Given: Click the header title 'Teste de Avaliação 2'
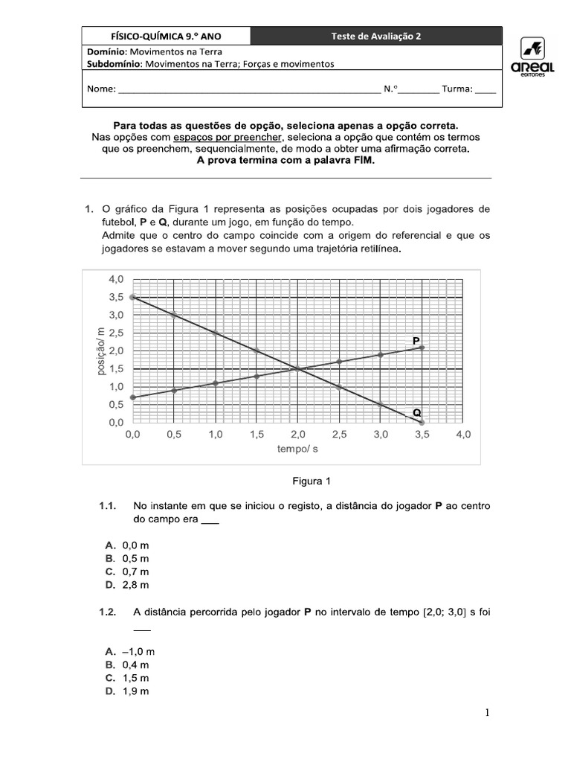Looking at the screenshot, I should pyautogui.click(x=376, y=36).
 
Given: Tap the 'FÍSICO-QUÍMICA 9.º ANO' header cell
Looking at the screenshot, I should pyautogui.click(x=166, y=36).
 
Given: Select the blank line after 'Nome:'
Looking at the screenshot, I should pyautogui.click(x=249, y=89).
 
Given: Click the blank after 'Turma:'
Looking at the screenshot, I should pyautogui.click(x=485, y=89).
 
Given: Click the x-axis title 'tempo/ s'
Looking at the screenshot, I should pyautogui.click(x=297, y=449).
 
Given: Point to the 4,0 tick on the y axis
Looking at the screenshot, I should pyautogui.click(x=116, y=279).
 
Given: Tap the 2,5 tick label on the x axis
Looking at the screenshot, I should pyautogui.click(x=338, y=435).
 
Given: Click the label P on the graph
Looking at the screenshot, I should pyautogui.click(x=416, y=340).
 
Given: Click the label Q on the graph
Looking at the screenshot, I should pyautogui.click(x=416, y=412).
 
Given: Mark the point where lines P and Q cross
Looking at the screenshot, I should pyautogui.click(x=297, y=369).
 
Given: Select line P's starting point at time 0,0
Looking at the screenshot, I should pyautogui.click(x=132, y=397).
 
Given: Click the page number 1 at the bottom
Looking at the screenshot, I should pyautogui.click(x=487, y=714).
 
